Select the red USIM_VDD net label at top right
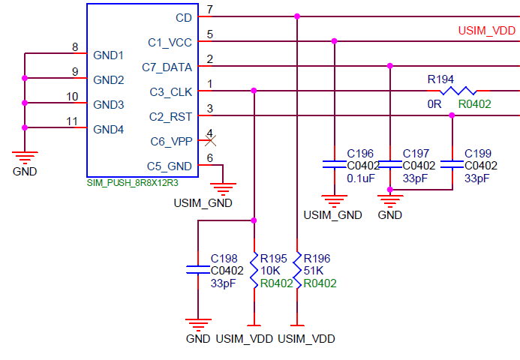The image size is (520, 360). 486,31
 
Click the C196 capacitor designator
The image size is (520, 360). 359,153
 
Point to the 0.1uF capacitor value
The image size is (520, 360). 360,178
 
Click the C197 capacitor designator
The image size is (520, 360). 416,153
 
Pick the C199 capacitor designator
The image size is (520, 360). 479,153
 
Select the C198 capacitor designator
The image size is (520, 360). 225,257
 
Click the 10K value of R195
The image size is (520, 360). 269,270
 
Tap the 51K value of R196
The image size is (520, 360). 313,270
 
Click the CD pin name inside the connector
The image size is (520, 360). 183,17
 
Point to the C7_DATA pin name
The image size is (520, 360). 167,67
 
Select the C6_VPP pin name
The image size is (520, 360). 170,141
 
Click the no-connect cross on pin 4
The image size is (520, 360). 211,139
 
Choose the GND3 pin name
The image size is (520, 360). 109,104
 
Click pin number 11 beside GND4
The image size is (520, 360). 72,121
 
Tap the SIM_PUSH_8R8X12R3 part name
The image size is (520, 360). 132,182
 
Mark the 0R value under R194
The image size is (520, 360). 434,104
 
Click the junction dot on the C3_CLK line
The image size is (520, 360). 254,90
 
